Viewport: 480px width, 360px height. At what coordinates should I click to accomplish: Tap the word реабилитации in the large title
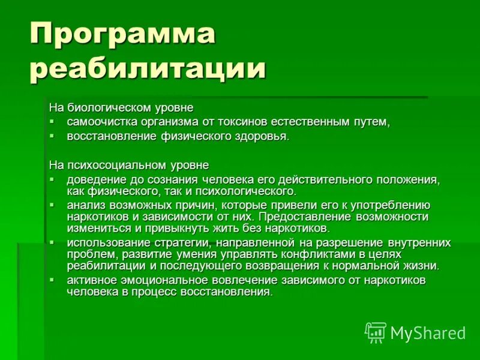148,69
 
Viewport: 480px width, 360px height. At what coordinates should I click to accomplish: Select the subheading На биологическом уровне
121,108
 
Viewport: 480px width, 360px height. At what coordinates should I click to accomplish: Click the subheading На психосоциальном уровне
129,164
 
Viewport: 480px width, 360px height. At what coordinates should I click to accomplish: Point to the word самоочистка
95,122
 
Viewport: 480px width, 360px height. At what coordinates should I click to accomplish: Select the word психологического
254,191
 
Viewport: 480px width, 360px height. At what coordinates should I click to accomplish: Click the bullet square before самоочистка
52,121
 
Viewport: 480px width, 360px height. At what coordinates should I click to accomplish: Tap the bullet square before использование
52,242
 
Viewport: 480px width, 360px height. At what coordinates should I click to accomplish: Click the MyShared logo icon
375,332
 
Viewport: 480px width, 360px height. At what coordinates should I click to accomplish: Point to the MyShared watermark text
428,333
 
